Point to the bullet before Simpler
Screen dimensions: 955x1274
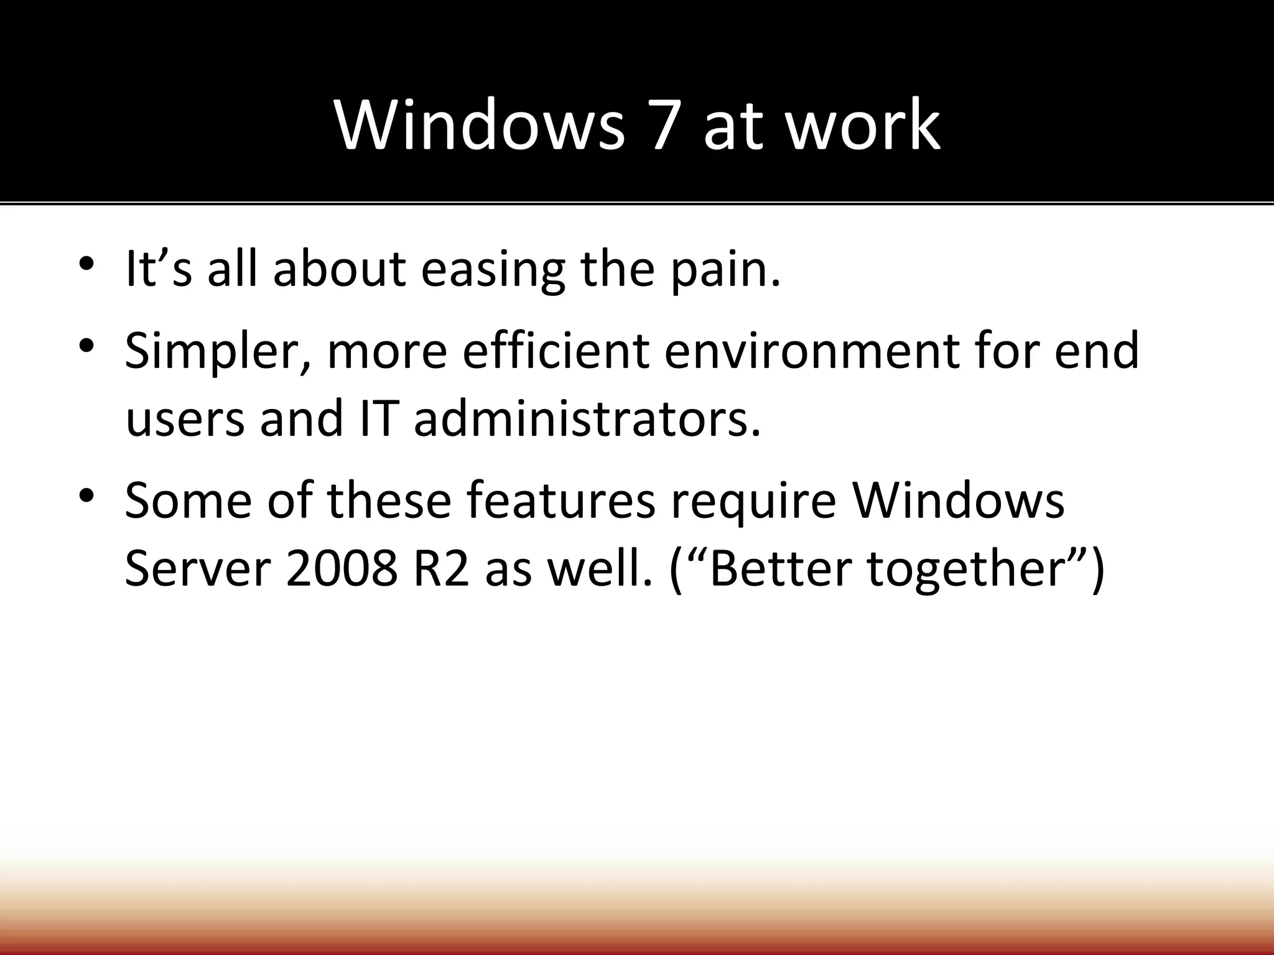pos(86,344)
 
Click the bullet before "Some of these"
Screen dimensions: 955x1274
pos(86,494)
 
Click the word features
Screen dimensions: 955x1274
pos(560,501)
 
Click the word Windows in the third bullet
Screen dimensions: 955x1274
pos(958,501)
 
